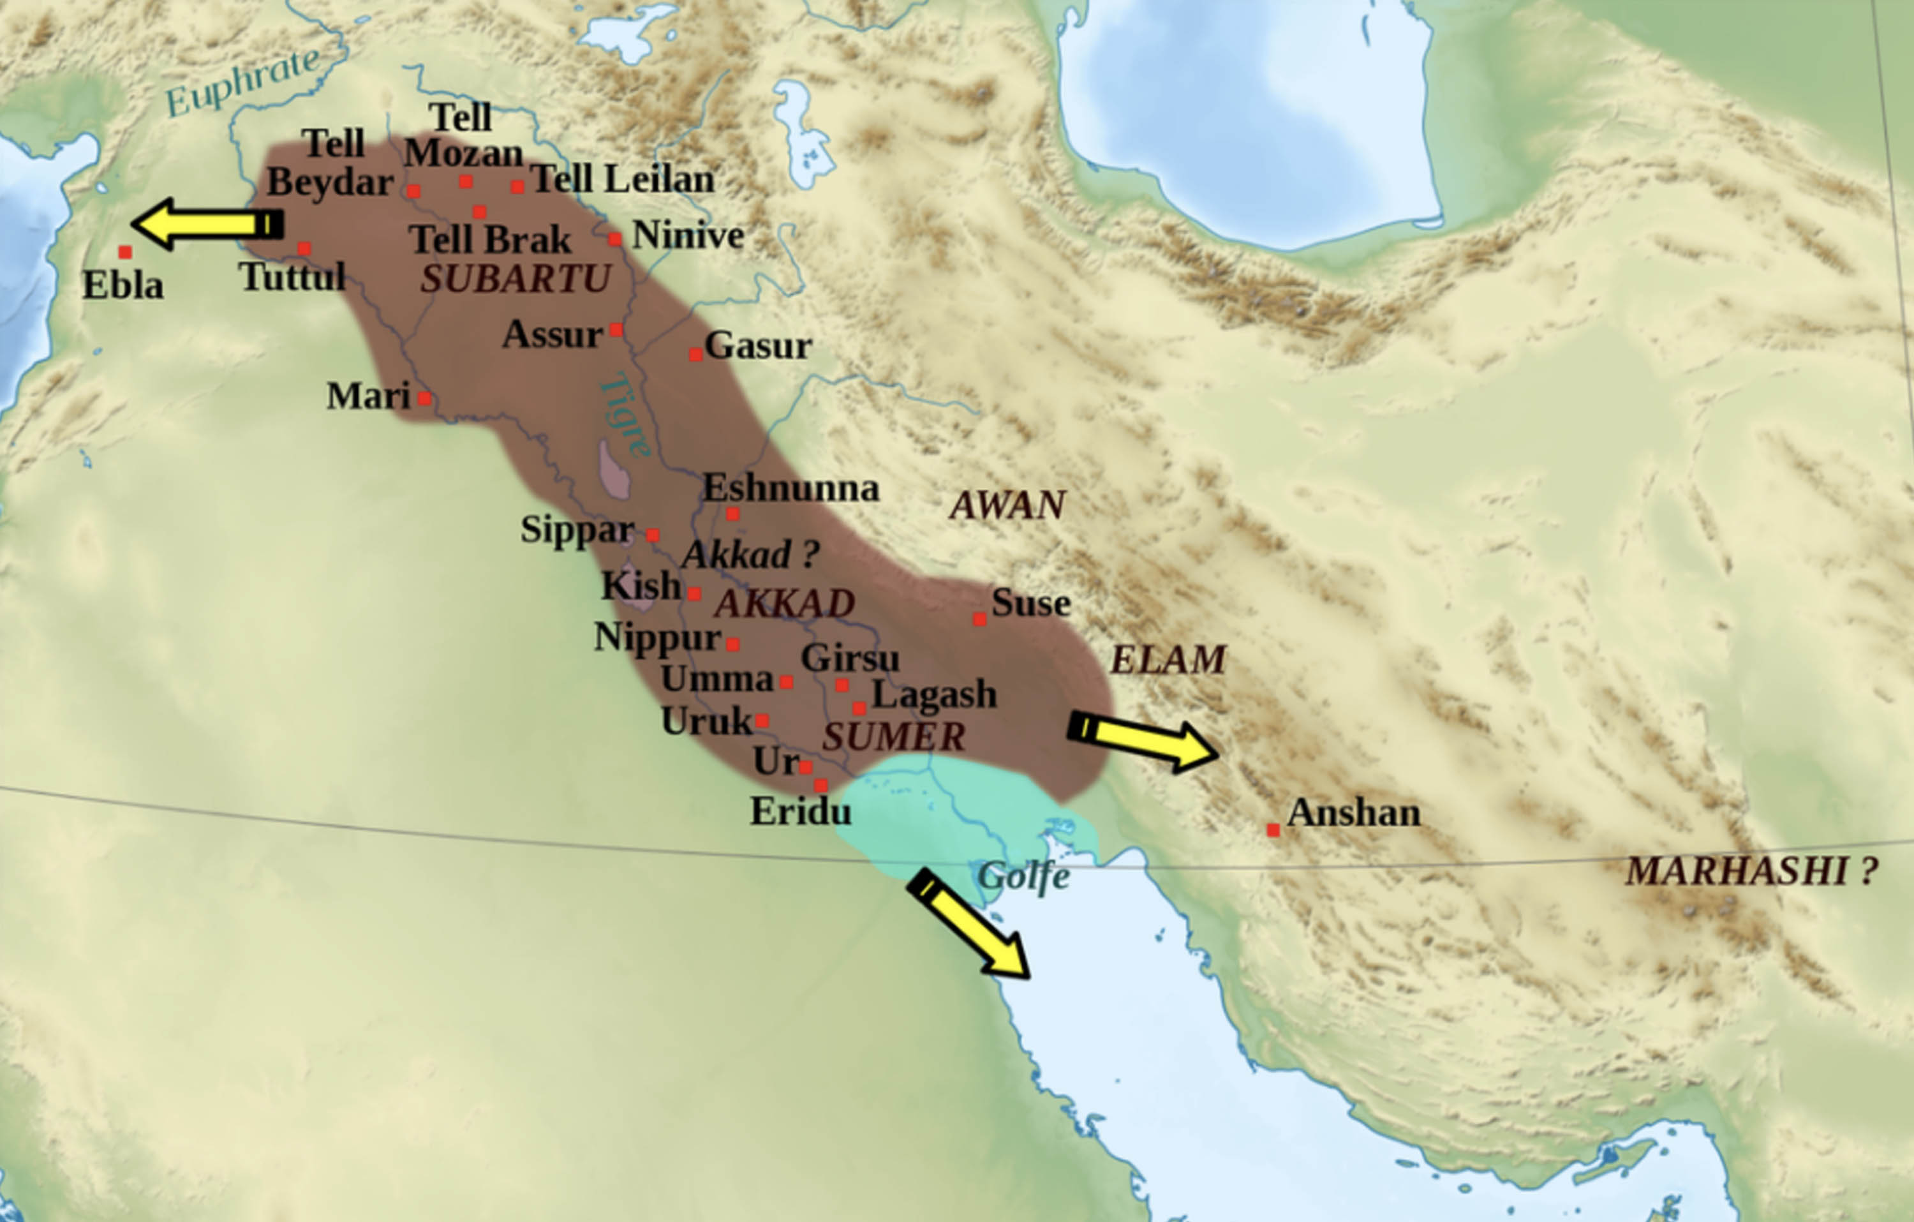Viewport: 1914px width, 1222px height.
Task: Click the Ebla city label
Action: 122,285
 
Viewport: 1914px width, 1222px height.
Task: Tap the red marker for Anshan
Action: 1273,830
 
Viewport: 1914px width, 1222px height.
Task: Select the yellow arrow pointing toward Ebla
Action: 207,224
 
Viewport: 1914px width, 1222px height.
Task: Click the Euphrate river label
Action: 242,82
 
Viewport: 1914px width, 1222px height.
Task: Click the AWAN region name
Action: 1007,505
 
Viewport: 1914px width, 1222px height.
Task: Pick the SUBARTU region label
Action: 515,279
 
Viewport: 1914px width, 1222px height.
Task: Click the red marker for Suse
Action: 979,618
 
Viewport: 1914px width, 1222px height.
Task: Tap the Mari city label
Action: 368,396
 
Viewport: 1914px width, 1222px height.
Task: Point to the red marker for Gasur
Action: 695,355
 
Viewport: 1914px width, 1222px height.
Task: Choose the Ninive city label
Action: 688,235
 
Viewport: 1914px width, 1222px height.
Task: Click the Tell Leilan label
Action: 622,179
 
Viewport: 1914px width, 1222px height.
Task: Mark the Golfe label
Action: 1023,877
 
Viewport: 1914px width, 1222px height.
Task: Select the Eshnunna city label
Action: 791,488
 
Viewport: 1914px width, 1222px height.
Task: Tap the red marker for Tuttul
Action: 304,249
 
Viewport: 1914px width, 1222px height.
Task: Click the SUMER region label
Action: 893,737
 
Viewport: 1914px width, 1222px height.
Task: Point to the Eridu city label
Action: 801,812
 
